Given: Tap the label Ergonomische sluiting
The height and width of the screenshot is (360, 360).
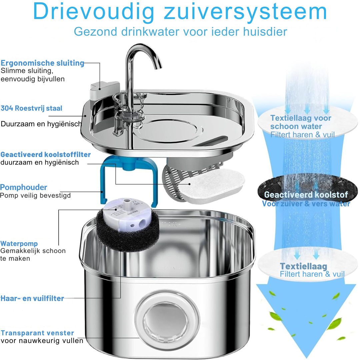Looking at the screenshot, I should pyautogui.click(x=42, y=63).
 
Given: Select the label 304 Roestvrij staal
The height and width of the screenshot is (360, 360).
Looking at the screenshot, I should pyautogui.click(x=31, y=108).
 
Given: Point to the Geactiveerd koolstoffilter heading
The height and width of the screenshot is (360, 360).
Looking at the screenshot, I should pyautogui.click(x=46, y=155).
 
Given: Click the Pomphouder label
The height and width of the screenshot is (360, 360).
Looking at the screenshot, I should pyautogui.click(x=24, y=187).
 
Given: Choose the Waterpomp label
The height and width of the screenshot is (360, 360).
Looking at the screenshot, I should pyautogui.click(x=19, y=244).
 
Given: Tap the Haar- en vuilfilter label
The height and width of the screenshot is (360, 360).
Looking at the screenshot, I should pyautogui.click(x=32, y=298).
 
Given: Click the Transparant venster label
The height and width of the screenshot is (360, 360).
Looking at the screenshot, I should pyautogui.click(x=37, y=333).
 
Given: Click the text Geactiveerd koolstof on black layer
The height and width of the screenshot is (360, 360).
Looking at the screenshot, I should pyautogui.click(x=306, y=195).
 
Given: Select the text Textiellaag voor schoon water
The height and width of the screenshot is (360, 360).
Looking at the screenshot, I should pyautogui.click(x=301, y=122).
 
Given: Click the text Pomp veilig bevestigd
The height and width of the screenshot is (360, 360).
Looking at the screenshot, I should pyautogui.click(x=35, y=195).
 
